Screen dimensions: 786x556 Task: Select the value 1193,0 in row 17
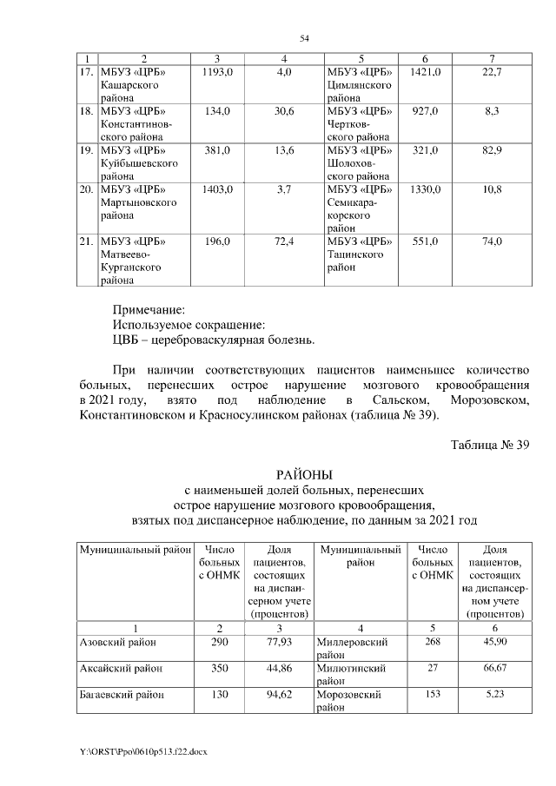(x=217, y=71)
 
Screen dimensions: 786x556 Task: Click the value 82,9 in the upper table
(x=492, y=149)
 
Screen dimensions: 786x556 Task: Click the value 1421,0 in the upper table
(x=425, y=71)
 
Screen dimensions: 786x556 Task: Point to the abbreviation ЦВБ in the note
(x=126, y=339)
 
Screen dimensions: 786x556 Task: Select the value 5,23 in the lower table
(x=492, y=695)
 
